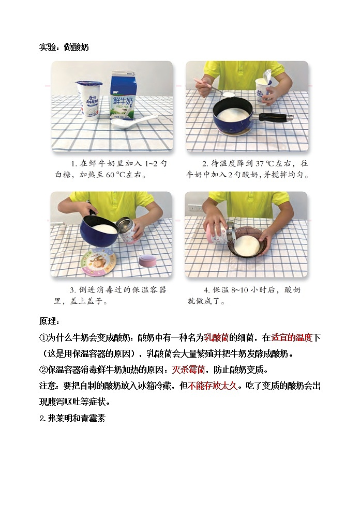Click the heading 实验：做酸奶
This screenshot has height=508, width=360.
click(x=64, y=48)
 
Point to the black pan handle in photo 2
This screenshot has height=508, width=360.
click(x=274, y=117)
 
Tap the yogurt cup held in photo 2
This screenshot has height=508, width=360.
click(x=264, y=88)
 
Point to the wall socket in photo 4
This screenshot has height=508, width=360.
click(x=195, y=208)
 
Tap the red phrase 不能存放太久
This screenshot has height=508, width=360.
click(x=213, y=386)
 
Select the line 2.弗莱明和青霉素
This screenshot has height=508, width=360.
click(x=72, y=418)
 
